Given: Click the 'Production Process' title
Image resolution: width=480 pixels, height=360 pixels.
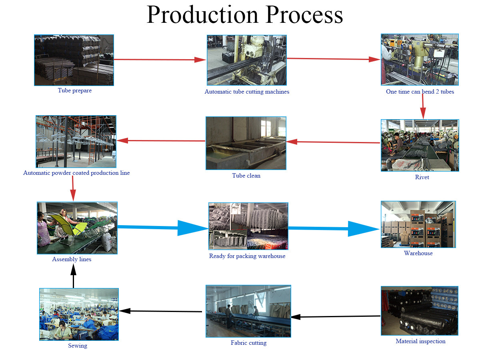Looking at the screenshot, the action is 244,15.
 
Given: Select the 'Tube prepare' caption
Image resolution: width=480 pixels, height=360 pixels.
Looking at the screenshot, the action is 74,90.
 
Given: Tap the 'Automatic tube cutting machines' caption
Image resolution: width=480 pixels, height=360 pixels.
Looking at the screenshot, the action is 247,92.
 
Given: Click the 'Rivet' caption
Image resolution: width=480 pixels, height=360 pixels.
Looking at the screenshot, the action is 422,177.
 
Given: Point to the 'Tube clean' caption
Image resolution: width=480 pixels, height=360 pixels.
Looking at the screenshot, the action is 246,176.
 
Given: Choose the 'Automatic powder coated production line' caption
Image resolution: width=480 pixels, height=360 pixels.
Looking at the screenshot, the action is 76,173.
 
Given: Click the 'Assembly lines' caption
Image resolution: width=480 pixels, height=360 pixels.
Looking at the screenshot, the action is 72,259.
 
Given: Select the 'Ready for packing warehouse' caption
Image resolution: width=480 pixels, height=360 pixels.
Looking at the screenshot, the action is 247,256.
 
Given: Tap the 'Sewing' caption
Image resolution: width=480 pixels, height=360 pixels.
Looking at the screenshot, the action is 78,345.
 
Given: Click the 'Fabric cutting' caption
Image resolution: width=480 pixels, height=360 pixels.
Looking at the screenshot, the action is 248,342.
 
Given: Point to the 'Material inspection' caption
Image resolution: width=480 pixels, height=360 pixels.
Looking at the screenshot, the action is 420,341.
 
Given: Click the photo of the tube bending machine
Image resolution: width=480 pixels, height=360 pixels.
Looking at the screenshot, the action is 420,60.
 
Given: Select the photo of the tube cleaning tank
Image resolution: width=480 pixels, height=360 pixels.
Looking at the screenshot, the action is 246,143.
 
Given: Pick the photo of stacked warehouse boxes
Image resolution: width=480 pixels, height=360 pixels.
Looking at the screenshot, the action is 418,224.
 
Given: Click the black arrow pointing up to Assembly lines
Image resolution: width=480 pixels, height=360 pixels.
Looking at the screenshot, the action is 73,276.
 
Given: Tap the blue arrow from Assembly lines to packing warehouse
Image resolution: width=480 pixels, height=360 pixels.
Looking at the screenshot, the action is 163,228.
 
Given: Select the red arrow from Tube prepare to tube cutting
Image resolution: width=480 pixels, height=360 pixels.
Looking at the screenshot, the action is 160,60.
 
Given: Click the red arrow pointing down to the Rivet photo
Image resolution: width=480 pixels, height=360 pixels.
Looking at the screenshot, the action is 423,106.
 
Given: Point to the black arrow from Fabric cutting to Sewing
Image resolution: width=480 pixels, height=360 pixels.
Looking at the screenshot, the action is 160,311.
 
